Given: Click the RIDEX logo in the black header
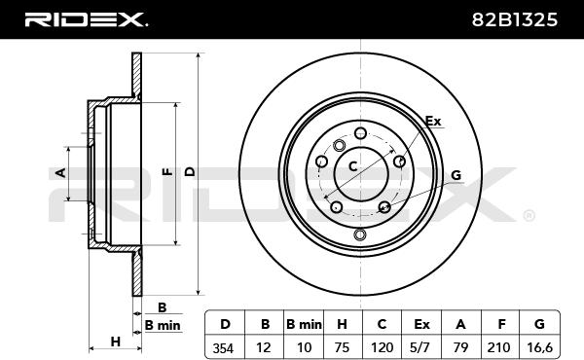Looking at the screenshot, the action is [86, 19].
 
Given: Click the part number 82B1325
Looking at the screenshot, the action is [515, 19].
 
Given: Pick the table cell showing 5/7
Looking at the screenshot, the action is [421, 347].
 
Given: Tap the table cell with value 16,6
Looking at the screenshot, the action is [539, 347].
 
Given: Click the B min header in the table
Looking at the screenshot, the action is [304, 324].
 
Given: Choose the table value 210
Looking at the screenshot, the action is [498, 347].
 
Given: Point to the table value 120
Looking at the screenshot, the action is [382, 347].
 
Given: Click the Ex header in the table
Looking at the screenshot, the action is [421, 324].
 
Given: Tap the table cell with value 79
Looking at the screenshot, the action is [460, 347].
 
